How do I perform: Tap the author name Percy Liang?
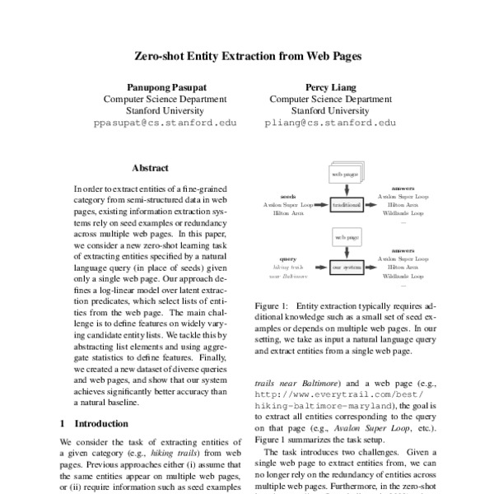pos(329,86)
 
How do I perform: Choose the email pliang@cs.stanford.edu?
pos(329,122)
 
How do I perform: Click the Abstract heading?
pos(150,167)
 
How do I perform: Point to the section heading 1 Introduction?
pos(95,423)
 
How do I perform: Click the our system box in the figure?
pos(346,268)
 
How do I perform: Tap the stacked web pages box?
pos(345,174)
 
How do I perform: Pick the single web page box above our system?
pos(346,238)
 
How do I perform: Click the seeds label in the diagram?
pos(288,197)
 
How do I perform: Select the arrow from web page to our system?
pos(346,253)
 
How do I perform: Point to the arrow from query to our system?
pos(319,268)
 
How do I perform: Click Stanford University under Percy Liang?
pos(329,110)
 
